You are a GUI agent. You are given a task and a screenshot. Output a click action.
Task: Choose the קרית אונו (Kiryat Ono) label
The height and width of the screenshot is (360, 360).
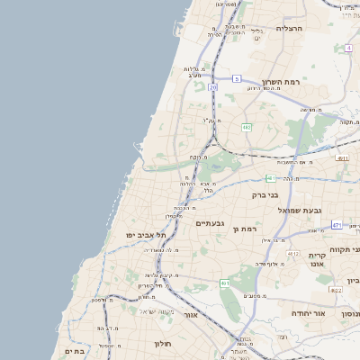tap(322, 260)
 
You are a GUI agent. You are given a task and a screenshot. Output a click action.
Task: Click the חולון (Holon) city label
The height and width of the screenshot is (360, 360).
tap(162, 343)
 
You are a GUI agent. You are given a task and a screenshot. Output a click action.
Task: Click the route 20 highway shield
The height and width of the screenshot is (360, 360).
tap(212, 87)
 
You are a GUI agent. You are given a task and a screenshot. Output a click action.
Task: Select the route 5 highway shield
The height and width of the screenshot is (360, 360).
tap(237, 79)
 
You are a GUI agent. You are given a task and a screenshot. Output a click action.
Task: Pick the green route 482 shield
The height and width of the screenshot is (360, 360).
tap(247, 128)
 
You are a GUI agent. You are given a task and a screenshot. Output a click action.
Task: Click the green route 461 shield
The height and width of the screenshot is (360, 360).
tap(225, 283)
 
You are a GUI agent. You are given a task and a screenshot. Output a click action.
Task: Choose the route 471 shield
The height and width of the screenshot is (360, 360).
tap(337, 225)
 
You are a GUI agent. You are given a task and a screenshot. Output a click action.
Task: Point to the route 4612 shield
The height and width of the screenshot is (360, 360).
tap(293, 254)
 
